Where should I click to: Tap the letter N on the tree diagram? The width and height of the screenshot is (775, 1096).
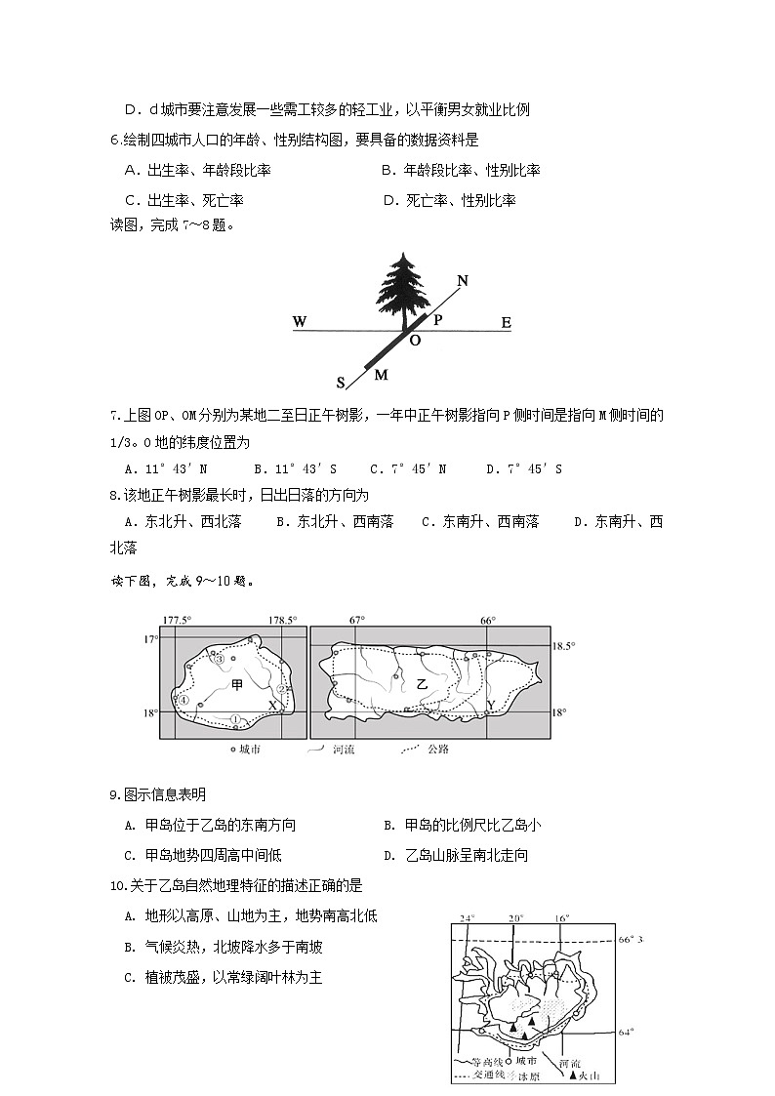tap(463, 281)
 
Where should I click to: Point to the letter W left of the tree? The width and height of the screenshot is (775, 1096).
tap(299, 322)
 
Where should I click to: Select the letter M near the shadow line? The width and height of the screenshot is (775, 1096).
tap(381, 375)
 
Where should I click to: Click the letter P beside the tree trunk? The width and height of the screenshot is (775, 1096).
tap(438, 318)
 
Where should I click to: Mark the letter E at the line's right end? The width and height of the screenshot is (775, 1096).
tap(506, 323)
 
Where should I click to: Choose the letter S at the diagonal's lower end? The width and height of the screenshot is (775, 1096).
tap(342, 382)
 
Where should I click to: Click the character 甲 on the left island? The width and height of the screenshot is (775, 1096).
tap(237, 685)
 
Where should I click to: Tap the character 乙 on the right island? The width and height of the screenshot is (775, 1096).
tap(422, 685)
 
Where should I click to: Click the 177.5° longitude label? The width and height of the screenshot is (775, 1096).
tap(177, 621)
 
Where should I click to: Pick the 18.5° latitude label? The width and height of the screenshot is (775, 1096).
tap(564, 646)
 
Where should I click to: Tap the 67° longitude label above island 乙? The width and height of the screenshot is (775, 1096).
tap(357, 621)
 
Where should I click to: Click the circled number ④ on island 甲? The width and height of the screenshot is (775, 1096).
tap(183, 699)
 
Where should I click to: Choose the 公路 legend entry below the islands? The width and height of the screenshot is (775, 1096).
tap(438, 750)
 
